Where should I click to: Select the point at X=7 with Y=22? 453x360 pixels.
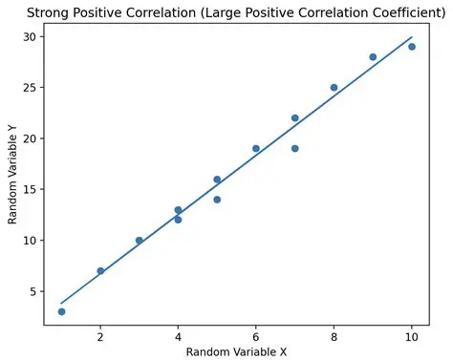point(294,117)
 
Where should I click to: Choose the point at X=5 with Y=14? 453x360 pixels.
point(217,200)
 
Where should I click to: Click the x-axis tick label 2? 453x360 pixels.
point(100,337)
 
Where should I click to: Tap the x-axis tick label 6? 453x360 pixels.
point(256,337)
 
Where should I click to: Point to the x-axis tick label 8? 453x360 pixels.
point(334,337)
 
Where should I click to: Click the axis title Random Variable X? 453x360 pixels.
point(236,352)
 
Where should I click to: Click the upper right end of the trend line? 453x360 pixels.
point(411,37)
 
